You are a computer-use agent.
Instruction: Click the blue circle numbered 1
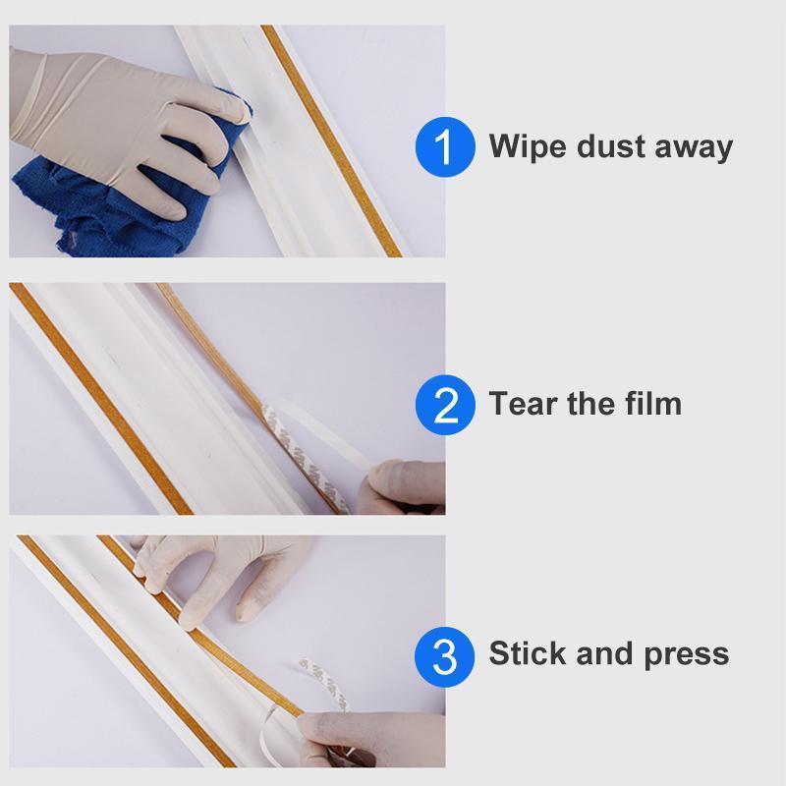click(445, 147)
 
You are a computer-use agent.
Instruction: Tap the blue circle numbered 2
click(445, 404)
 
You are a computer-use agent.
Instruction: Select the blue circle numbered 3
click(445, 654)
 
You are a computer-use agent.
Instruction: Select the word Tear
click(523, 404)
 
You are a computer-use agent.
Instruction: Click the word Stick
click(526, 654)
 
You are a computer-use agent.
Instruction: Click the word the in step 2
click(590, 404)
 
